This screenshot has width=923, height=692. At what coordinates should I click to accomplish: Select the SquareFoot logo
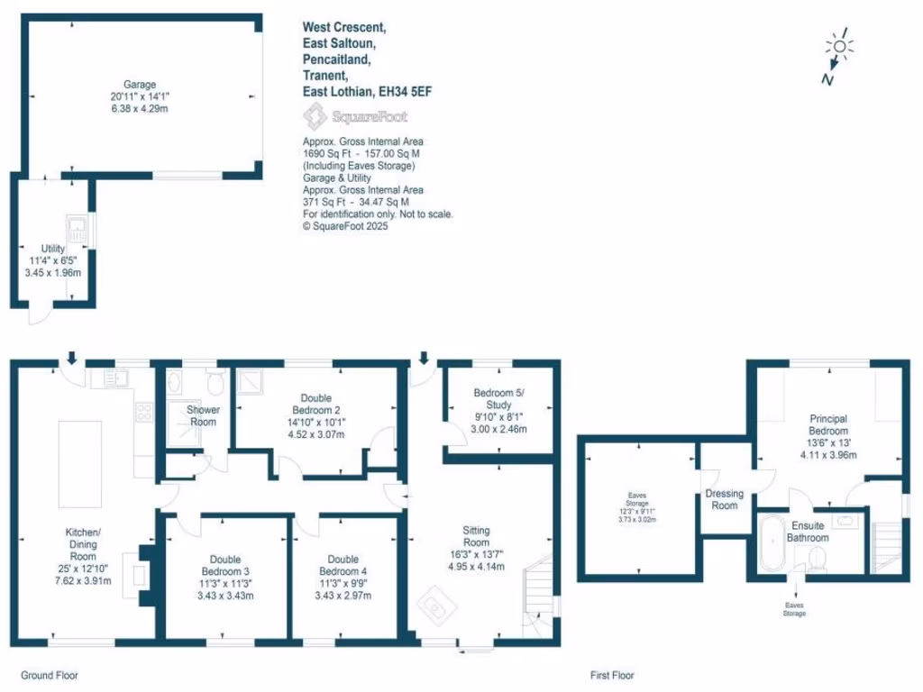(355, 116)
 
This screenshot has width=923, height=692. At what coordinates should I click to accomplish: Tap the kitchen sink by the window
(116, 379)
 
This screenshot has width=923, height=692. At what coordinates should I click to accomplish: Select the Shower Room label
(203, 415)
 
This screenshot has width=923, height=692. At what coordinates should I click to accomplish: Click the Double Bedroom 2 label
(315, 404)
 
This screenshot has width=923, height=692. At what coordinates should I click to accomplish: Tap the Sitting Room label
(476, 536)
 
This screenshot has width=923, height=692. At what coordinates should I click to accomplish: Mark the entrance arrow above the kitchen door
(73, 358)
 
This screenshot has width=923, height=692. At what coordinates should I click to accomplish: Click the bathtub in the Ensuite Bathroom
(772, 542)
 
